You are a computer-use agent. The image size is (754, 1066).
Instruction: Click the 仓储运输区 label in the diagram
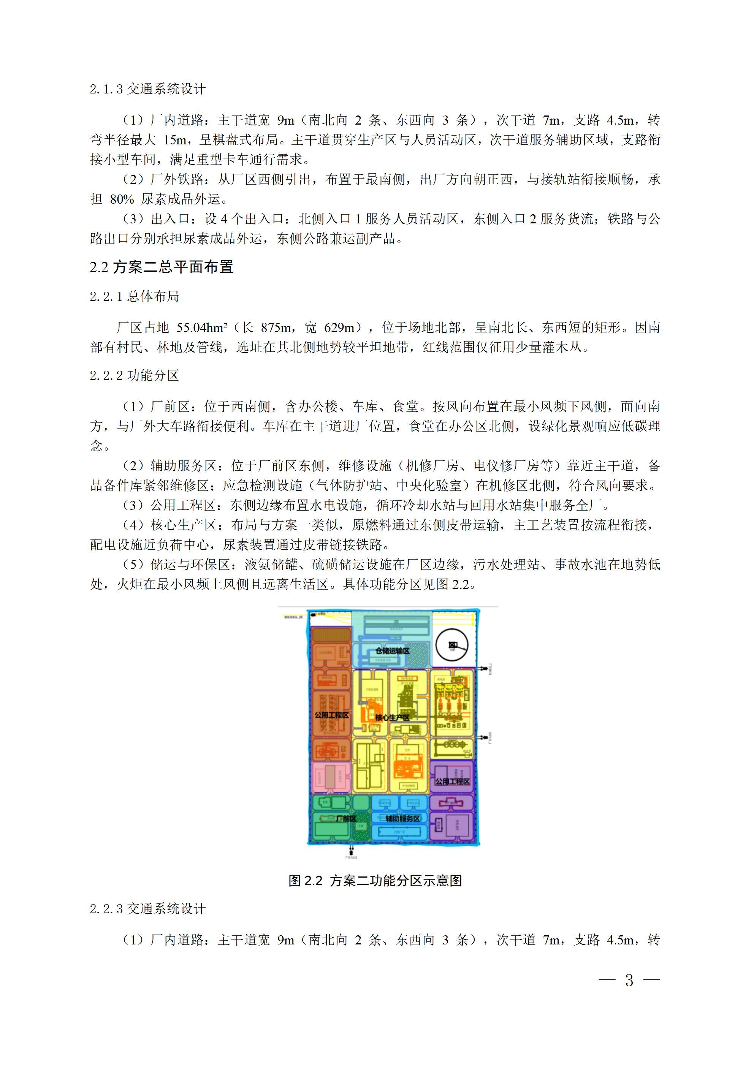393,651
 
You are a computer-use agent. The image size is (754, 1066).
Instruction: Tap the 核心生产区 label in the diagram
393,717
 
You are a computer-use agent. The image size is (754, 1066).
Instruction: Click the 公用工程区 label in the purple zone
452,781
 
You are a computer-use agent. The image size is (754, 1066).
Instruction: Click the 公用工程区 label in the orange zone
331,715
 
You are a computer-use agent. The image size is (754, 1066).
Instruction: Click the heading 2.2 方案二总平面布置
161,267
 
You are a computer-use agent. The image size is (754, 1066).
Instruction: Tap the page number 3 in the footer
629,980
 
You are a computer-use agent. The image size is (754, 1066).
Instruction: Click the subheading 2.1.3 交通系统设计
147,89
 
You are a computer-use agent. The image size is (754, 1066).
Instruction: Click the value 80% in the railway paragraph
122,199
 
